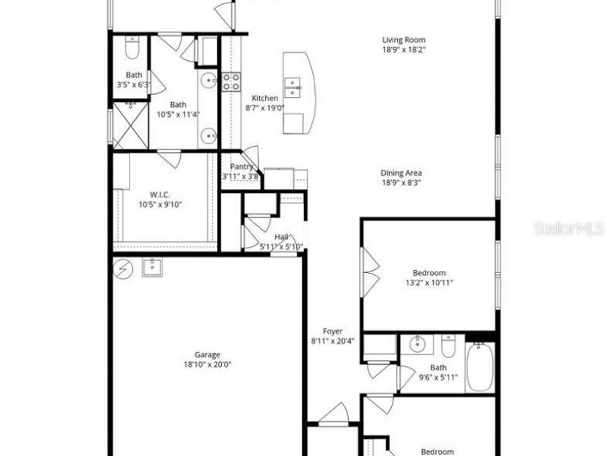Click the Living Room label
pos(404,40)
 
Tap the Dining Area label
pos(401,173)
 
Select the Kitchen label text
pos(264,98)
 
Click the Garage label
pos(208,355)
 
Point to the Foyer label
pos(333,331)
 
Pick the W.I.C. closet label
pos(160,195)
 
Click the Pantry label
pos(241,167)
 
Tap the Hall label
pos(281,237)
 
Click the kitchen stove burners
pos(231,82)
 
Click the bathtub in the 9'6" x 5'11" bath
pos(480,368)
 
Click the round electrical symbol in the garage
pos(123,270)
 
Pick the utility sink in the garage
pos(152,268)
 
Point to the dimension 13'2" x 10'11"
pos(430,283)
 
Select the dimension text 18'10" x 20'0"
pos(208,364)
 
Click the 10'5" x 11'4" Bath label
pos(178,105)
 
